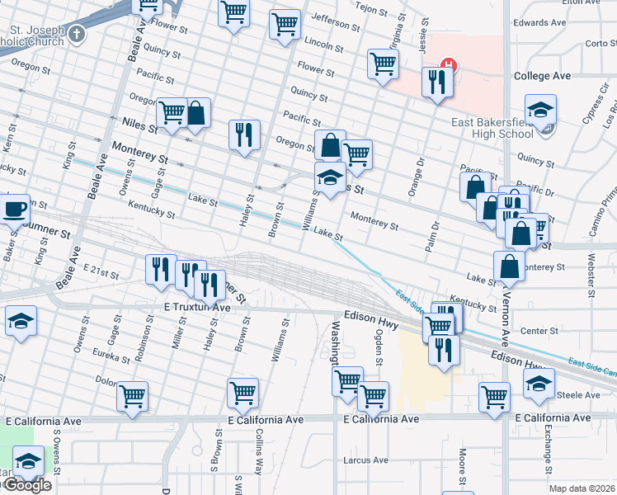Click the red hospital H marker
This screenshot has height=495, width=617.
click(x=448, y=64)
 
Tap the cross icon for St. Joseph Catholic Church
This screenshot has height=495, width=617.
click(x=77, y=35)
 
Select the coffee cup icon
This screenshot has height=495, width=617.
click(x=16, y=209)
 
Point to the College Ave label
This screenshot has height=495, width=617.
click(x=542, y=76)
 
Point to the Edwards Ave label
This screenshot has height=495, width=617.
click(x=535, y=23)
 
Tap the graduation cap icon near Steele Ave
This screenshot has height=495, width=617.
click(x=539, y=383)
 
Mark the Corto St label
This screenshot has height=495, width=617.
click(x=597, y=43)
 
